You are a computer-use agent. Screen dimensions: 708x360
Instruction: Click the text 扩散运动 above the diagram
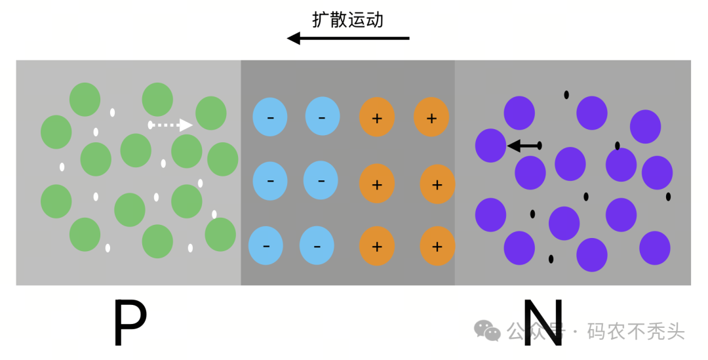pyautogui.click(x=347, y=20)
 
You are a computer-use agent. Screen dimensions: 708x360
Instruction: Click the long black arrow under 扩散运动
pyautogui.click(x=348, y=39)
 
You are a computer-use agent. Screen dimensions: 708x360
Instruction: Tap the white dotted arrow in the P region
pyautogui.click(x=172, y=125)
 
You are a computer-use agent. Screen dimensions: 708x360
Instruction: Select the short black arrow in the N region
pyautogui.click(x=524, y=146)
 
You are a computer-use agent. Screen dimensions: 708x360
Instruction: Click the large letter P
pyautogui.click(x=129, y=323)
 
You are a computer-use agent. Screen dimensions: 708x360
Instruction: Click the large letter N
pyautogui.click(x=543, y=323)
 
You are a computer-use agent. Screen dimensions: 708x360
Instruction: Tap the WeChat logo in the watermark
pyautogui.click(x=488, y=330)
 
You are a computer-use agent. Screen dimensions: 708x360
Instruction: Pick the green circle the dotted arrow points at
pyautogui.click(x=211, y=113)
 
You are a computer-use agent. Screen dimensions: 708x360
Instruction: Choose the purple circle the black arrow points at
pyautogui.click(x=490, y=145)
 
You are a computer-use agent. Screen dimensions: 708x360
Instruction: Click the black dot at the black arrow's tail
pyautogui.click(x=540, y=146)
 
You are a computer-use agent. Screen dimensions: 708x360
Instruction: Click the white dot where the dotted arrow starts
pyautogui.click(x=150, y=125)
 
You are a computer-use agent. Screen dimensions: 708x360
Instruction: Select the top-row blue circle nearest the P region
pyautogui.click(x=269, y=117)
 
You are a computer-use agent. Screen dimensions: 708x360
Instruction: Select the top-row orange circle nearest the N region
pyautogui.click(x=431, y=117)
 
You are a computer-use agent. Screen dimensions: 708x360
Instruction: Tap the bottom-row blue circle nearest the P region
pyautogui.click(x=265, y=245)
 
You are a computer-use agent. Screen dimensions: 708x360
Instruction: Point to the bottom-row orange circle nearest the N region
pyautogui.click(x=437, y=246)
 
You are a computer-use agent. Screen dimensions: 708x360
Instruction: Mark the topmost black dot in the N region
pyautogui.click(x=566, y=94)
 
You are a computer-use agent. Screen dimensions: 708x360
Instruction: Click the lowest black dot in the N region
pyautogui.click(x=551, y=258)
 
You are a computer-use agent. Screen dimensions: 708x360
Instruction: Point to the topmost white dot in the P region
pyautogui.click(x=112, y=112)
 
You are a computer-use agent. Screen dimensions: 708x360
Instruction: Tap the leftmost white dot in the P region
pyautogui.click(x=62, y=167)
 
